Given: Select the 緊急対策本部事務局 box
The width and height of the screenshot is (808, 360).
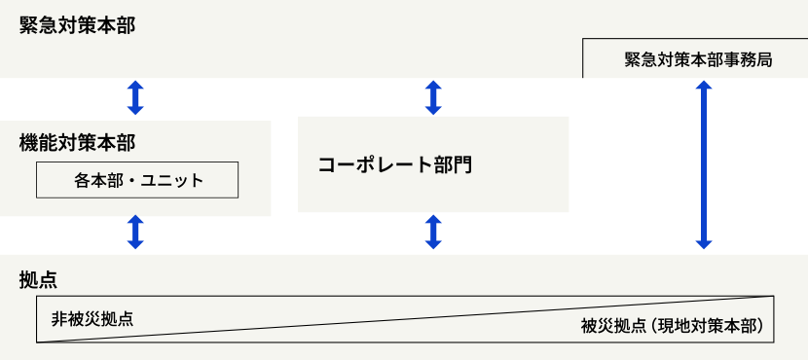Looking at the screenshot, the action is coord(698,59).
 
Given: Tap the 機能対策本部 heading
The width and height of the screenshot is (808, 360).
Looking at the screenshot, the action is coord(77,143).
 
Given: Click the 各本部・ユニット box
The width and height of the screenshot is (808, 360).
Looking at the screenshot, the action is coord(138,180).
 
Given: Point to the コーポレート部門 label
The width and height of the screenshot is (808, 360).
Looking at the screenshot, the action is coord(394,164).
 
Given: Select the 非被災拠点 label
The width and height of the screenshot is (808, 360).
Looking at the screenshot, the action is coord(92,318).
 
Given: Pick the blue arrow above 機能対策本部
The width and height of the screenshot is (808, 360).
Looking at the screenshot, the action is coord(135,98).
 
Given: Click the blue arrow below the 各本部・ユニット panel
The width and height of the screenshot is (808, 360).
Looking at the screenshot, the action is coord(135,234).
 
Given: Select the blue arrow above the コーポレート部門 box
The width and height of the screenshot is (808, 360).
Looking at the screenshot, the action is coord(434,97).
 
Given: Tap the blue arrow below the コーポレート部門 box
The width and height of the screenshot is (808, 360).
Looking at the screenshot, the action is coord(434,234).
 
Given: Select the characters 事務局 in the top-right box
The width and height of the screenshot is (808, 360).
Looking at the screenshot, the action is coord(750,59).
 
